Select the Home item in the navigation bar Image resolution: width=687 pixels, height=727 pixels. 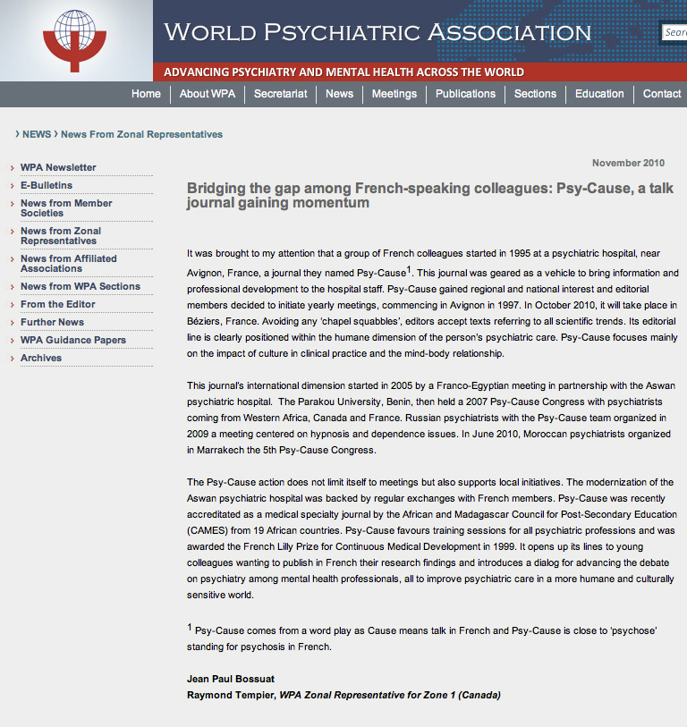146,94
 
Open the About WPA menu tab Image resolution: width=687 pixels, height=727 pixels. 208,94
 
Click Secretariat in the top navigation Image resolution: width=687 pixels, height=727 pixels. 280,94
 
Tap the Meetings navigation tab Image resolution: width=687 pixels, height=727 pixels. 394,94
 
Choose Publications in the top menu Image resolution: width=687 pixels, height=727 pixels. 465,94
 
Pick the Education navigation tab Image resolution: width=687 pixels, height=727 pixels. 599,94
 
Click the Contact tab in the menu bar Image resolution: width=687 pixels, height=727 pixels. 662,94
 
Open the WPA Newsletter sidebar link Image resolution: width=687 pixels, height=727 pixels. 58,167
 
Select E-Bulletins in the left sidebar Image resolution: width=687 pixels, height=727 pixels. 47,185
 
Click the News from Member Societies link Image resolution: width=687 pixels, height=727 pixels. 66,208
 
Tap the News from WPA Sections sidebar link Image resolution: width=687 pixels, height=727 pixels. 81,286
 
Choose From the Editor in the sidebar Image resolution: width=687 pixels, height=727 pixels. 58,304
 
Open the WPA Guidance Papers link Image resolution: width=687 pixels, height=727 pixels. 73,340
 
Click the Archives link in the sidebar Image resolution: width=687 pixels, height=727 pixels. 41,358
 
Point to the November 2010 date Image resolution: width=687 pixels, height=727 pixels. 628,163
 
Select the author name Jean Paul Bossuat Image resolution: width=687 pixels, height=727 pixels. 230,678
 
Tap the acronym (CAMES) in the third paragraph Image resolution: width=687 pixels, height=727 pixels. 208,529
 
